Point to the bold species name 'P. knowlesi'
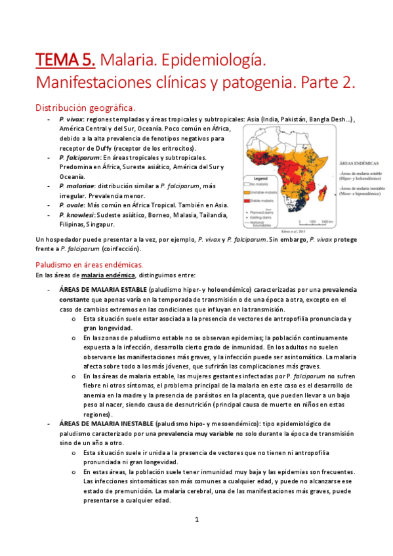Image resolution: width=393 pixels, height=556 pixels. [x=76, y=214]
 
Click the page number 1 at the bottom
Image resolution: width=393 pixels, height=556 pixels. [x=196, y=520]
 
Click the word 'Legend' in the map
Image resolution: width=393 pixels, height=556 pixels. [x=260, y=178]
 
